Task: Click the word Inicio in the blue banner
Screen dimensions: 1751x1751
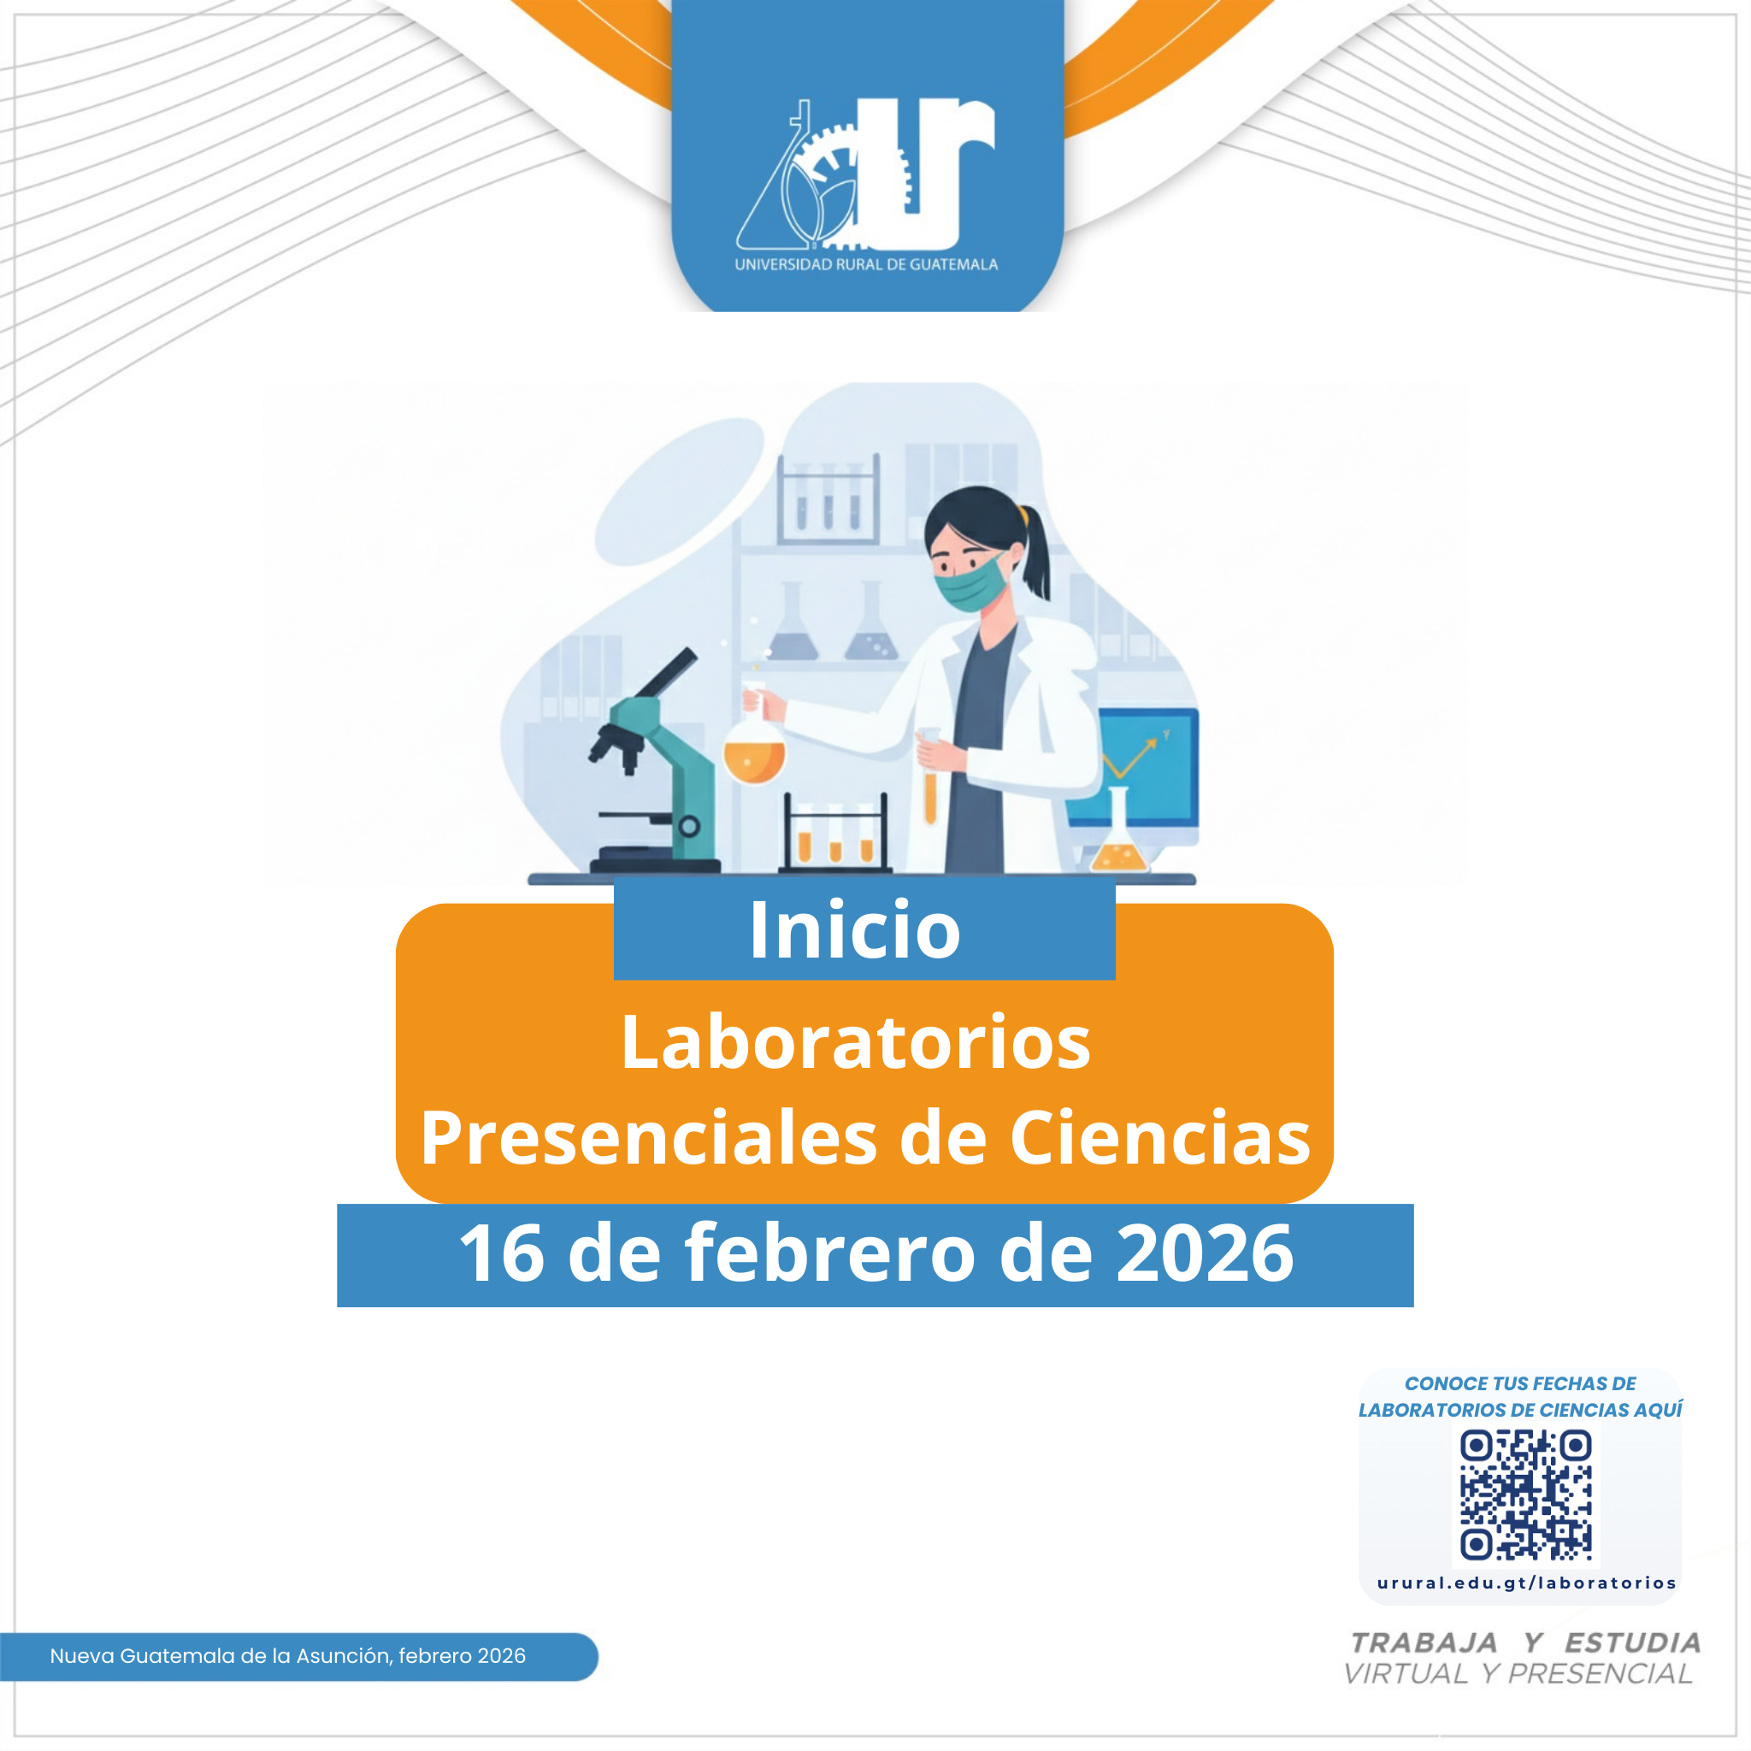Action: coord(855,930)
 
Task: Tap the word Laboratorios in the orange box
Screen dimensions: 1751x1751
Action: coord(856,1042)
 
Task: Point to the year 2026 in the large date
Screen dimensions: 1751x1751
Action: coord(1205,1253)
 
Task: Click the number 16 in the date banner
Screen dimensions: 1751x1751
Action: coord(501,1253)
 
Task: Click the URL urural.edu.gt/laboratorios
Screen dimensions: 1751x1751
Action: coord(1526,1583)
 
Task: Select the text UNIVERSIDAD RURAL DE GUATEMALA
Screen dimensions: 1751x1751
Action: coord(865,265)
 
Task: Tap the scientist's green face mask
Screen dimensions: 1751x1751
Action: coord(970,584)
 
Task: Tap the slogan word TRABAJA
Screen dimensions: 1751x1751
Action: coord(1423,1642)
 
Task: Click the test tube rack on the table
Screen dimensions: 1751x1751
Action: coord(834,833)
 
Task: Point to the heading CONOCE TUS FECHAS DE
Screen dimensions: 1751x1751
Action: coord(1520,1384)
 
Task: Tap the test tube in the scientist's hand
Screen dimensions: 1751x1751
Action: coord(930,775)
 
